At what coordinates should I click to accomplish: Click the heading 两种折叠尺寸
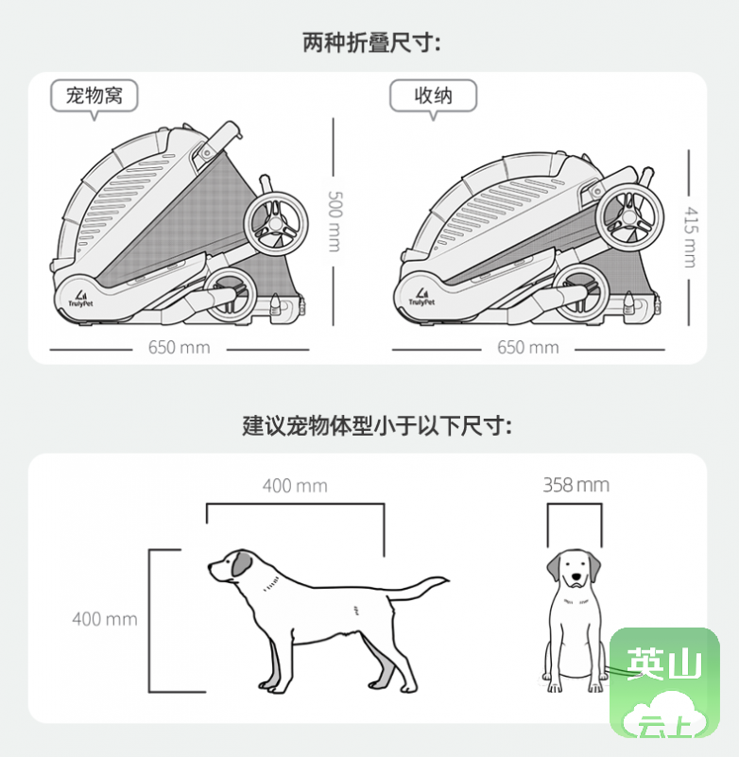[371, 43]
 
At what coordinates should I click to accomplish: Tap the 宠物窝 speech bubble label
[95, 96]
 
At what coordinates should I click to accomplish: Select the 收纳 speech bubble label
[433, 96]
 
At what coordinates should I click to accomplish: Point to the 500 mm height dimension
[335, 221]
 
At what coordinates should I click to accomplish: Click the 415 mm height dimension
[691, 237]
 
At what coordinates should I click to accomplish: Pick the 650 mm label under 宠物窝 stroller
[179, 348]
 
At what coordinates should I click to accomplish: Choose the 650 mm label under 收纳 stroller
[528, 348]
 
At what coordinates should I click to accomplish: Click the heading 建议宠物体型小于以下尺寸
[377, 426]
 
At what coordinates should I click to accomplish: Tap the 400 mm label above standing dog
[295, 486]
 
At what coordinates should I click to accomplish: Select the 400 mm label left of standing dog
[105, 619]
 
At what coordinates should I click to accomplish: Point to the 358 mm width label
[576, 485]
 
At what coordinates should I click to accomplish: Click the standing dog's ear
[241, 563]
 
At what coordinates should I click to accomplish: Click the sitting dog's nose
[576, 576]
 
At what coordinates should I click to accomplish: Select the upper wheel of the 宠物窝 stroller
[276, 222]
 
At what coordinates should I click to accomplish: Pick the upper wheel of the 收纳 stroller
[629, 217]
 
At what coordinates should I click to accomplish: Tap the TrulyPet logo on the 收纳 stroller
[421, 297]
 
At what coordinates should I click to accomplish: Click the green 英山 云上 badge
[664, 682]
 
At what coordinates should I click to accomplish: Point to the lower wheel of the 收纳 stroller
[579, 293]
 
